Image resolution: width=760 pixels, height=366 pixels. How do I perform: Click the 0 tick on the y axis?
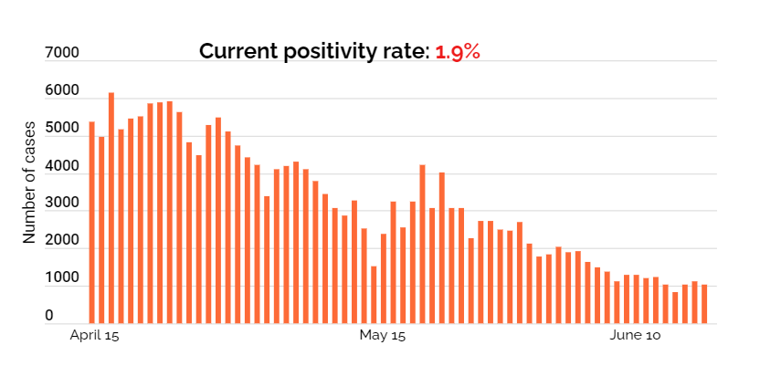click(x=49, y=316)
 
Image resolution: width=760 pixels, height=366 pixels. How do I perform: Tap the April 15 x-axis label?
click(x=95, y=337)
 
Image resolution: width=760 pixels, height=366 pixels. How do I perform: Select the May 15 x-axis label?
click(x=382, y=337)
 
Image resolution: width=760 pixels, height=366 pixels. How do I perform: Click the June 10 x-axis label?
click(x=634, y=337)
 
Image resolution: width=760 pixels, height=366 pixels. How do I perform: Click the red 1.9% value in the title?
click(x=458, y=51)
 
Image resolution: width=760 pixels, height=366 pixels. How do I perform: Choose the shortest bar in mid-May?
click(x=374, y=294)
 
